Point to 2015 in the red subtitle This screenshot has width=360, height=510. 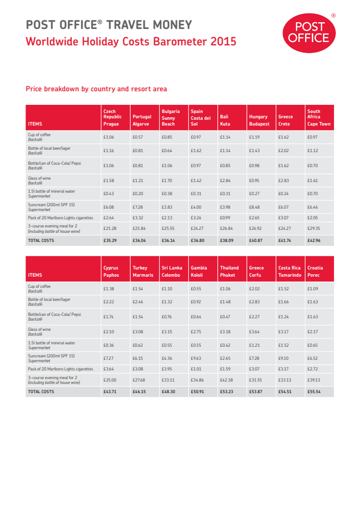[x=223, y=42]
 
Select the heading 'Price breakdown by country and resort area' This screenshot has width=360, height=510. [x=96, y=89]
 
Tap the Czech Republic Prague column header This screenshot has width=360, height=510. [x=112, y=118]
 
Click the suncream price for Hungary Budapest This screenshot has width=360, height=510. [x=254, y=207]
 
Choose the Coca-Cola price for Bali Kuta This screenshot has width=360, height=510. [x=225, y=166]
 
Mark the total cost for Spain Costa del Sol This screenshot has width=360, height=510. [x=197, y=240]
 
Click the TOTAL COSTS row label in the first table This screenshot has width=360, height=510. [x=41, y=240]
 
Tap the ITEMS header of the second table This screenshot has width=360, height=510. [x=35, y=275]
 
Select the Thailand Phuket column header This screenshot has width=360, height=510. [x=229, y=271]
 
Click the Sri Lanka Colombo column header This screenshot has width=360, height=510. [x=172, y=271]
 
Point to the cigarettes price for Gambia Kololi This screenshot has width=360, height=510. [x=195, y=369]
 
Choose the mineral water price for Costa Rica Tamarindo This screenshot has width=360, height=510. [x=283, y=345]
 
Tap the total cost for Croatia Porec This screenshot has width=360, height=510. [x=314, y=392]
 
